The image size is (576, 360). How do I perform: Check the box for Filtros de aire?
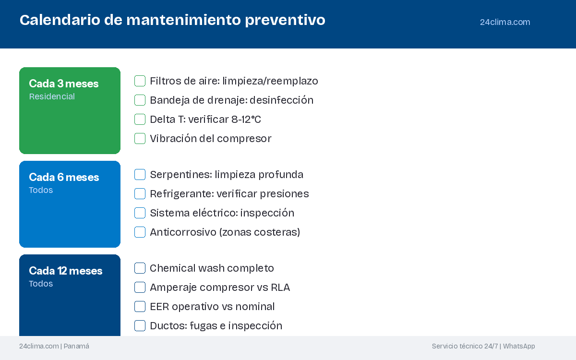tap(140, 81)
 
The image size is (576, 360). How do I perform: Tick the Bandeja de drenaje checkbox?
tap(140, 100)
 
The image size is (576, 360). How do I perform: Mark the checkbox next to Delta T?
tap(140, 120)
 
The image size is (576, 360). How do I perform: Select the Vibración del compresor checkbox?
tap(140, 139)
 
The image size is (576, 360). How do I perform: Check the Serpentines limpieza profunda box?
tap(140, 175)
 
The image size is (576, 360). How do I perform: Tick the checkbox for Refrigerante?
tap(140, 193)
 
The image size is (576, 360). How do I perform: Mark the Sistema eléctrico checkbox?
tap(140, 213)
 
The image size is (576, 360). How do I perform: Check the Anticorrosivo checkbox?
tap(140, 232)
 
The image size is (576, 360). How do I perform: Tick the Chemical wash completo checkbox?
tap(140, 268)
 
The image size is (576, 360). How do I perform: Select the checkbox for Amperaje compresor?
tap(140, 287)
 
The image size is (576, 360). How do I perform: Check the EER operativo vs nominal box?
tap(140, 307)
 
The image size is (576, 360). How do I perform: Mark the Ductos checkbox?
tap(140, 326)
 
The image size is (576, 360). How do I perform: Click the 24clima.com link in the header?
tap(505, 22)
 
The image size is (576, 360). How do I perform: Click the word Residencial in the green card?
tap(52, 96)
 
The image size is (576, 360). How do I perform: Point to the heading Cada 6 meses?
tap(64, 177)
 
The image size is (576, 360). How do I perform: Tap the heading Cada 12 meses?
tap(66, 271)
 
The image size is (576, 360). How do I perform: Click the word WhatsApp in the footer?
tap(519, 346)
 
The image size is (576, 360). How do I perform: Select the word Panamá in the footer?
tap(76, 346)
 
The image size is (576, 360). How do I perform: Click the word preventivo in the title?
tap(285, 20)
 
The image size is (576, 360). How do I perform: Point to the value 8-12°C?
tap(246, 120)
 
